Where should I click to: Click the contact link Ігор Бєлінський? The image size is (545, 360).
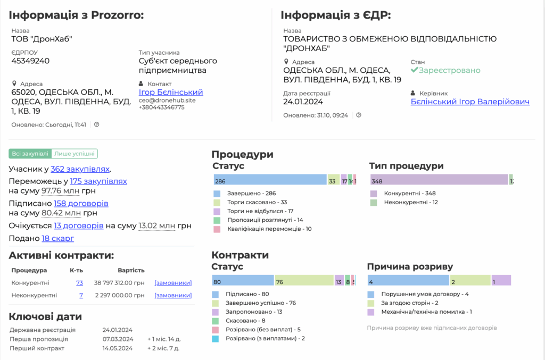171,92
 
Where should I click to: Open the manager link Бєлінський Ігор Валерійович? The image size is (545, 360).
470,102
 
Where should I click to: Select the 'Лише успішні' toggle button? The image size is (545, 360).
75,154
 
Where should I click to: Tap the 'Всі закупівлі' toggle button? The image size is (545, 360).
30,154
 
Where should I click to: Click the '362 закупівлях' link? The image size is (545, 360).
80,169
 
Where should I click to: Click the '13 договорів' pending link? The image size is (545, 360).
79,225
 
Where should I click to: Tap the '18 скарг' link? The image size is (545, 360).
58,238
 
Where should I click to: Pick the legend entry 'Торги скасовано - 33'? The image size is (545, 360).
257,203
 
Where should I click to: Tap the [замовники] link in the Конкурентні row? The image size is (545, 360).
173,283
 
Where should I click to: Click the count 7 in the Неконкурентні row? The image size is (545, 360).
81,295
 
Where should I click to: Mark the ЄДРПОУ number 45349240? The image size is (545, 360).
30,61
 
